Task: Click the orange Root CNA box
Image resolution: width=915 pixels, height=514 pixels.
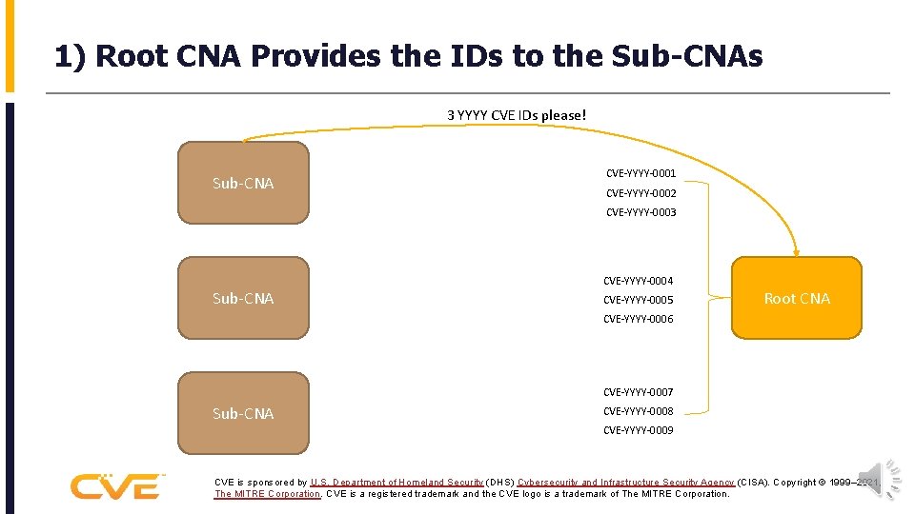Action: tap(796, 298)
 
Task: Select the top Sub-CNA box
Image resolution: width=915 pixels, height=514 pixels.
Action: tap(243, 183)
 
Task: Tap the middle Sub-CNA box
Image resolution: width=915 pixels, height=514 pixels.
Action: tap(243, 298)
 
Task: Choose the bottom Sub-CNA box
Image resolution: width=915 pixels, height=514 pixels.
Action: tap(243, 413)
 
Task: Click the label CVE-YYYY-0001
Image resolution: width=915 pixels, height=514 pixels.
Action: tap(640, 173)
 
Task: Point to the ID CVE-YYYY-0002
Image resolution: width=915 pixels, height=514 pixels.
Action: tap(640, 193)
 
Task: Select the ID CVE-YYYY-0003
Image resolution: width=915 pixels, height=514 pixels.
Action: tap(640, 212)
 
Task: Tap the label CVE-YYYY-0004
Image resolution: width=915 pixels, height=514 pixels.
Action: tap(638, 281)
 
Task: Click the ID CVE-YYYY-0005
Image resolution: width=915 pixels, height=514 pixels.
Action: tap(638, 300)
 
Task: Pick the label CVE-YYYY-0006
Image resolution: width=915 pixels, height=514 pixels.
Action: tap(638, 319)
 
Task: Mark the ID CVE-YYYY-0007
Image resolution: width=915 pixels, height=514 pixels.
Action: tap(638, 392)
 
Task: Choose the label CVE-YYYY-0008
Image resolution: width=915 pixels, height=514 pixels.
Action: tap(638, 411)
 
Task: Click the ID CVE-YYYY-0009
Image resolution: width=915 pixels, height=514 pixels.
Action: tap(638, 430)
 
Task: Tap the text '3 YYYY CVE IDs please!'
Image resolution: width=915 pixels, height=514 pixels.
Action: tap(518, 115)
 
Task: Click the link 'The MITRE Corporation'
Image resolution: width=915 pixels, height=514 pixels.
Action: tap(267, 494)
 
